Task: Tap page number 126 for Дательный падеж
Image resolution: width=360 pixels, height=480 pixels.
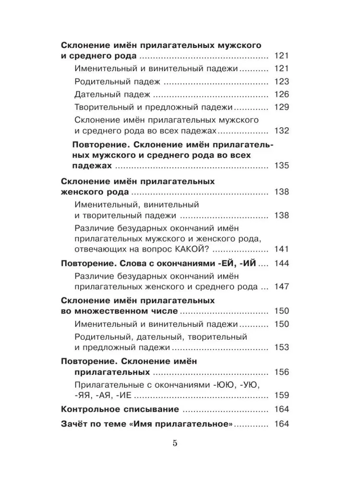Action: click(280, 94)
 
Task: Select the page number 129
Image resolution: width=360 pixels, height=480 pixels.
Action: click(280, 107)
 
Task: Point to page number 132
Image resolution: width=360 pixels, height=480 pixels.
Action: click(280, 131)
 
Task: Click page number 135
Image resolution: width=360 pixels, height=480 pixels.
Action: click(280, 167)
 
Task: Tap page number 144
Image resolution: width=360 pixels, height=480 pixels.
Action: click(280, 264)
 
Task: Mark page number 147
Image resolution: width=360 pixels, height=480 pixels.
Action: click(280, 287)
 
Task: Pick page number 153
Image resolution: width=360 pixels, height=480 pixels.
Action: click(280, 347)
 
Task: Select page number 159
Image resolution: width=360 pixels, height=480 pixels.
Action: click(280, 396)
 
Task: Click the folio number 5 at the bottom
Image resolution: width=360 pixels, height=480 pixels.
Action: click(175, 443)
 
